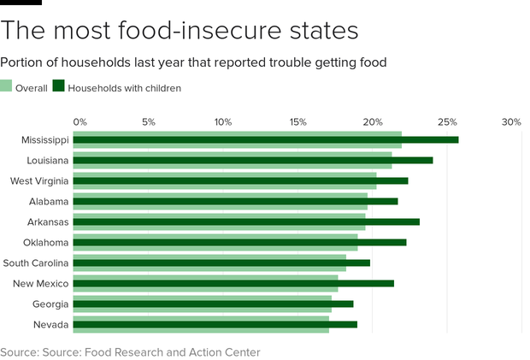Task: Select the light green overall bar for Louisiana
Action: (x=233, y=165)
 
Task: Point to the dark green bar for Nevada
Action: (x=215, y=324)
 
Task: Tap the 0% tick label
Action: (x=80, y=122)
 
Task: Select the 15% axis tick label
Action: (x=298, y=122)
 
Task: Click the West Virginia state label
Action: (x=39, y=180)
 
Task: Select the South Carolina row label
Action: (x=36, y=263)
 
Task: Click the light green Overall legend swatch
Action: (x=6, y=86)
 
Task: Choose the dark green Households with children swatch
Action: (x=59, y=86)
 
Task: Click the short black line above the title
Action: (x=21, y=3)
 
